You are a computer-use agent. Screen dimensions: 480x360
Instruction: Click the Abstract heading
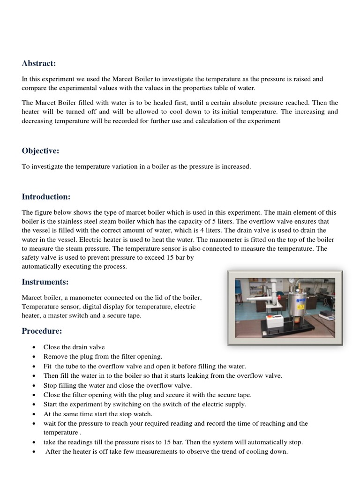coord(39,63)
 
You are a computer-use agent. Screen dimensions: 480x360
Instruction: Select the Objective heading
coord(41,150)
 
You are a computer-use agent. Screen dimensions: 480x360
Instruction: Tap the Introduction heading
coord(46,196)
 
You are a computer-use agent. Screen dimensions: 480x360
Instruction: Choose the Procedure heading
coord(42,331)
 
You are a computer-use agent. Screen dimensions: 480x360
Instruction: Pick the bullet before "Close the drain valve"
coord(35,347)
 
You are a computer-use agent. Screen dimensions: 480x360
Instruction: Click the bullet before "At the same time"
coord(35,414)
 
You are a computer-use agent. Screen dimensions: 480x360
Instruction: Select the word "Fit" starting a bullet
coord(48,366)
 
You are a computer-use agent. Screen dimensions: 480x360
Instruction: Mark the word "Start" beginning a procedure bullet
coord(51,404)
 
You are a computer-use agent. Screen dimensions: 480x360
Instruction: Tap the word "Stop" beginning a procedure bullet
coord(51,385)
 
